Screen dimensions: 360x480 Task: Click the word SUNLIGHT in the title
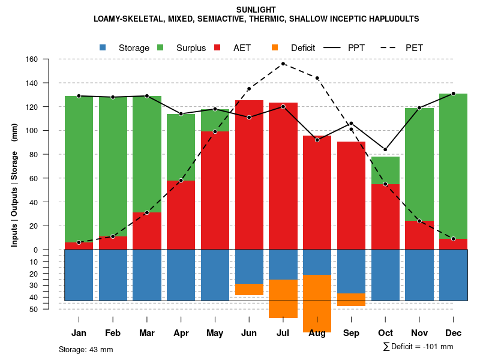pyautogui.click(x=256, y=10)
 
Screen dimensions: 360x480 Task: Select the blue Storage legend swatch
pyautogui.click(x=103, y=48)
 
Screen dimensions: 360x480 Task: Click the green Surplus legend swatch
pyautogui.click(x=160, y=48)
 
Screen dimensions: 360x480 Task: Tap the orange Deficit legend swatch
pyautogui.click(x=275, y=48)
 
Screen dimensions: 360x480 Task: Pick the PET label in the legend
pyautogui.click(x=414, y=48)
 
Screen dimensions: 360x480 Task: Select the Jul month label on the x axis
pyautogui.click(x=283, y=333)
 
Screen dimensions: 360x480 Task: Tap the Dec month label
pyautogui.click(x=453, y=333)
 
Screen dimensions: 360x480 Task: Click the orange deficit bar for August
pyautogui.click(x=317, y=303)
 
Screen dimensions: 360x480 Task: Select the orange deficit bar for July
pyautogui.click(x=283, y=298)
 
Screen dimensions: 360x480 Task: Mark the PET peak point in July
pyautogui.click(x=283, y=64)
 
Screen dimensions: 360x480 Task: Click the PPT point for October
pyautogui.click(x=385, y=149)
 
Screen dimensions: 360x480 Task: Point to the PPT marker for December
pyautogui.click(x=453, y=94)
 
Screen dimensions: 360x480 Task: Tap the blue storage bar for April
pyautogui.click(x=181, y=275)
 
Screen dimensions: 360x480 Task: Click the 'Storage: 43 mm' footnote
pyautogui.click(x=86, y=349)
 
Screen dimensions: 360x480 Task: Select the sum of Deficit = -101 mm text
pyautogui.click(x=418, y=347)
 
